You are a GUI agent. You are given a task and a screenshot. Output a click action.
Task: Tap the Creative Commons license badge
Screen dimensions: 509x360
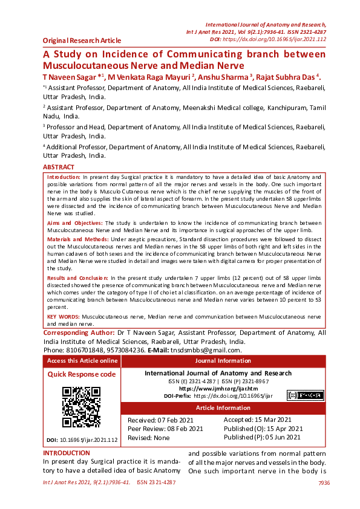pyautogui.click(x=305, y=395)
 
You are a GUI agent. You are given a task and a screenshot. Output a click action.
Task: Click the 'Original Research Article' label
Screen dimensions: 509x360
pyautogui.click(x=82, y=41)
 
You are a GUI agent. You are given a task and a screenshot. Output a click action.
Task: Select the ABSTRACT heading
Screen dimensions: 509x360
pyautogui.click(x=59, y=167)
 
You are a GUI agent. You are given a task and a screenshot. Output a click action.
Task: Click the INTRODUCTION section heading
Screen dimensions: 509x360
pyautogui.click(x=67, y=453)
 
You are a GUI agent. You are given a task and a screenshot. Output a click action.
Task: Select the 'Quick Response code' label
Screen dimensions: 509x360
pyautogui.click(x=81, y=374)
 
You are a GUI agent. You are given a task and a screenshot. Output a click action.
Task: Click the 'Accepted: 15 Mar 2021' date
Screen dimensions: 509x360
pyautogui.click(x=258, y=420)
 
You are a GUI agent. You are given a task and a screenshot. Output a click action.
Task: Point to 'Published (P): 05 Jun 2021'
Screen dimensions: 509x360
pyautogui.click(x=262, y=437)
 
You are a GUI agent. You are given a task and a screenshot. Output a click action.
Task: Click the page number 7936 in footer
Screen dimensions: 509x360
pyautogui.click(x=324, y=483)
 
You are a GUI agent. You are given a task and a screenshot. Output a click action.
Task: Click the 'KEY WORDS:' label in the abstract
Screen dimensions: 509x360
pyautogui.click(x=64, y=316)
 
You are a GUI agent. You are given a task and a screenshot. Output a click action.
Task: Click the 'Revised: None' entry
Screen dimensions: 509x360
pyautogui.click(x=149, y=437)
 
